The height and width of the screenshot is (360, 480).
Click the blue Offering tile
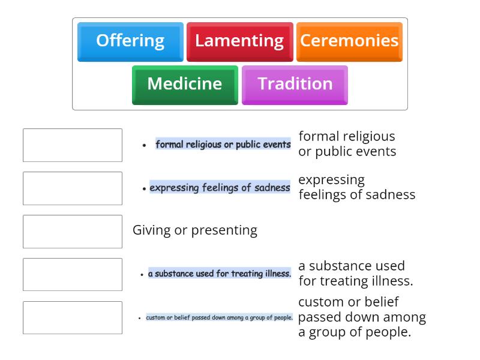(130, 41)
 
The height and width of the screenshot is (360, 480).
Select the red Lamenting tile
(239, 41)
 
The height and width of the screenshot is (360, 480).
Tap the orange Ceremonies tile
(349, 41)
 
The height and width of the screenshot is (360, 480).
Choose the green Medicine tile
(185, 84)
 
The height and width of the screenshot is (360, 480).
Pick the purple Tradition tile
(295, 84)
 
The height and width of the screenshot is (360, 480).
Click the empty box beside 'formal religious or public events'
(73, 145)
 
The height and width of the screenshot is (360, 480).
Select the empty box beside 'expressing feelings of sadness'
(73, 188)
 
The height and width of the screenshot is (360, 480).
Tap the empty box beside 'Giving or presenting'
(73, 232)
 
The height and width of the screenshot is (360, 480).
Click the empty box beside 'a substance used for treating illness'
(73, 275)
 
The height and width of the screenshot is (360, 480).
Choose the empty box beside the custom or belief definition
(73, 318)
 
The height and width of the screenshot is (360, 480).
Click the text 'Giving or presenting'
(195, 230)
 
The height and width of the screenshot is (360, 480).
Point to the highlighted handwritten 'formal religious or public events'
(223, 145)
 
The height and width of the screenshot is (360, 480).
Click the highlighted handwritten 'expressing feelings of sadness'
(220, 188)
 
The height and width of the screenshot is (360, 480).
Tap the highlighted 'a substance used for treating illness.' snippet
(220, 274)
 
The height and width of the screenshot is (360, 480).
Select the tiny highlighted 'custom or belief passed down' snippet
(219, 317)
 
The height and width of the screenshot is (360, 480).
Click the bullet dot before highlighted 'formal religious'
(145, 145)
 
